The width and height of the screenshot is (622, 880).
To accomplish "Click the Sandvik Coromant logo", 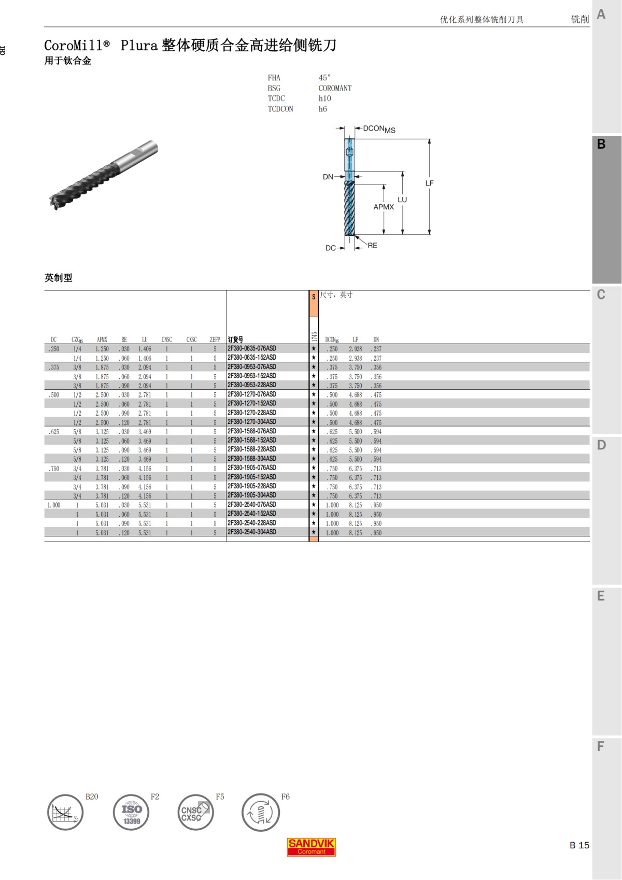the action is pyautogui.click(x=311, y=847).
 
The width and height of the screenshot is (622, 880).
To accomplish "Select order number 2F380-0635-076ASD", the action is pyautogui.click(x=252, y=348).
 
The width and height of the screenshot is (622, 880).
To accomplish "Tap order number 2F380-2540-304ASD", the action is pyautogui.click(x=252, y=532).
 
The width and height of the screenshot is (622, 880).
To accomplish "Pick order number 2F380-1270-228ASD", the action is pyautogui.click(x=252, y=413).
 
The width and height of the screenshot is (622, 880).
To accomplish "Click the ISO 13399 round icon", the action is pyautogui.click(x=131, y=813).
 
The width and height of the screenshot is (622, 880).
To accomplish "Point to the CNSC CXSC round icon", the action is pyautogui.click(x=196, y=813).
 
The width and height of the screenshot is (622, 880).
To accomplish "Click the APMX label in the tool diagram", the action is pyautogui.click(x=384, y=207).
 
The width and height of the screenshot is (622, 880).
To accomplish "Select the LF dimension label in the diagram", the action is pyautogui.click(x=430, y=183).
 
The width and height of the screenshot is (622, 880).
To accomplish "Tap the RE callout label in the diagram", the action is pyautogui.click(x=373, y=246).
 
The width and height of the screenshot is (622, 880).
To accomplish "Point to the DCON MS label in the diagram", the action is pyautogui.click(x=379, y=129).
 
